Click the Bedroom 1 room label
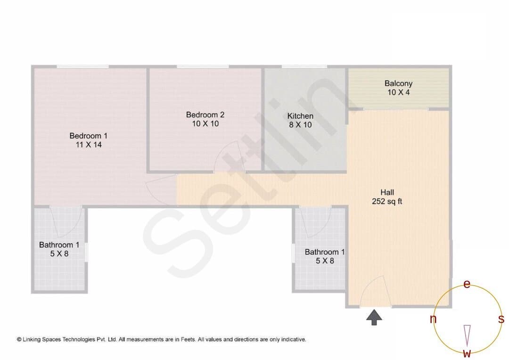pyautogui.click(x=88, y=136)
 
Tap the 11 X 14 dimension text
pyautogui.click(x=89, y=145)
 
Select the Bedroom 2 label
pyautogui.click(x=205, y=115)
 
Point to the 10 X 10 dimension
pyautogui.click(x=205, y=123)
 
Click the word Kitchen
pyautogui.click(x=300, y=116)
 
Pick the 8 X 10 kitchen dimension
pyautogui.click(x=300, y=125)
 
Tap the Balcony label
pyautogui.click(x=398, y=83)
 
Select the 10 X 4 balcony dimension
pyautogui.click(x=399, y=92)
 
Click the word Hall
pyautogui.click(x=387, y=192)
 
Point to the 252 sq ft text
pyautogui.click(x=387, y=201)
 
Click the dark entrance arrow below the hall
pyautogui.click(x=374, y=317)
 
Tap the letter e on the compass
pyautogui.click(x=467, y=284)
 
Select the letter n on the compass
pyautogui.click(x=433, y=319)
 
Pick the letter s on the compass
pyautogui.click(x=501, y=319)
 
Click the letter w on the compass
pyautogui.click(x=467, y=353)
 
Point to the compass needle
pyautogui.click(x=467, y=335)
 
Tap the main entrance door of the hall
pyautogui.click(x=376, y=291)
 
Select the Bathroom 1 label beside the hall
pyautogui.click(x=325, y=252)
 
